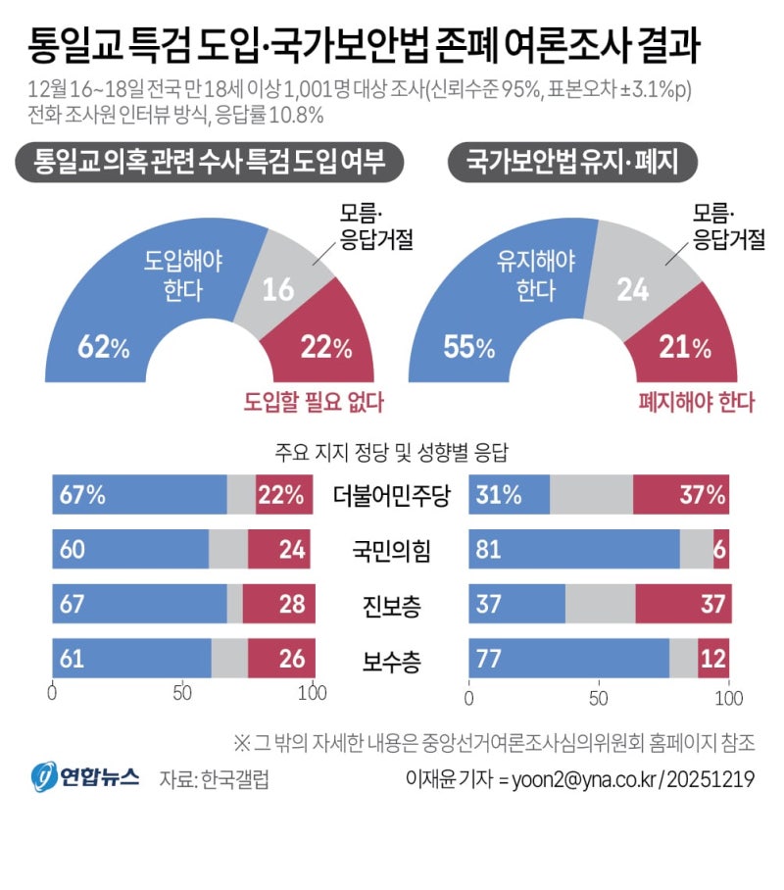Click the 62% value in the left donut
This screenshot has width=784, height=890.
[103, 347]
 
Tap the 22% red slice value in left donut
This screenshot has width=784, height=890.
[326, 347]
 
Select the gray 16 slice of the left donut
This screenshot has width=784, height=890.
[278, 289]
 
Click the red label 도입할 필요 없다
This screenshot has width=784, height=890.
[314, 401]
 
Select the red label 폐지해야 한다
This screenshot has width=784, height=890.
[697, 401]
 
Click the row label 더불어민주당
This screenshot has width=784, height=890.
[392, 496]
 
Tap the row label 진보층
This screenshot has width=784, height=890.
[392, 607]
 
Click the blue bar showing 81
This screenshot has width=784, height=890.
[575, 551]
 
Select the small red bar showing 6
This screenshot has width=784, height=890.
[721, 551]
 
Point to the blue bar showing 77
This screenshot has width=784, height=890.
[569, 660]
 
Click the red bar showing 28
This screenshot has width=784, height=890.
[279, 605]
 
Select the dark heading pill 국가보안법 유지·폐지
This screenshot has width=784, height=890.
[572, 162]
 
